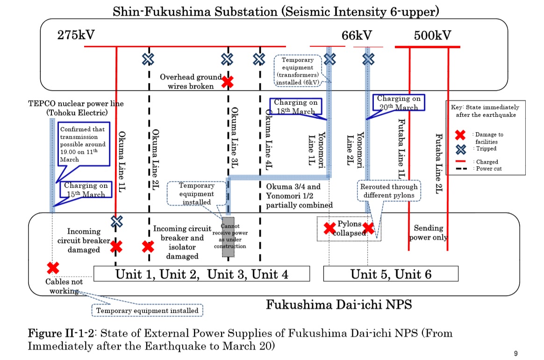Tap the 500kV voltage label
coord(432,35)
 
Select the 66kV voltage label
coord(356,35)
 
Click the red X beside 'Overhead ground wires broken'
coord(228,82)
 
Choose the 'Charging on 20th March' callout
coord(399,103)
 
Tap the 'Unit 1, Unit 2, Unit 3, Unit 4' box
coord(201,274)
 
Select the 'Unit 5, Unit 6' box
coord(391,274)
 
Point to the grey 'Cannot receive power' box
coord(228,236)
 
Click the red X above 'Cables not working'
coord(53,268)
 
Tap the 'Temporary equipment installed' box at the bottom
coord(147,310)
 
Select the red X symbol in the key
coord(460,135)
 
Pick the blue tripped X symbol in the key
coord(460,149)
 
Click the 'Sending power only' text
coord(428,233)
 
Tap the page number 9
coord(515,353)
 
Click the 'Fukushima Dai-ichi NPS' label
coord(339,305)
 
